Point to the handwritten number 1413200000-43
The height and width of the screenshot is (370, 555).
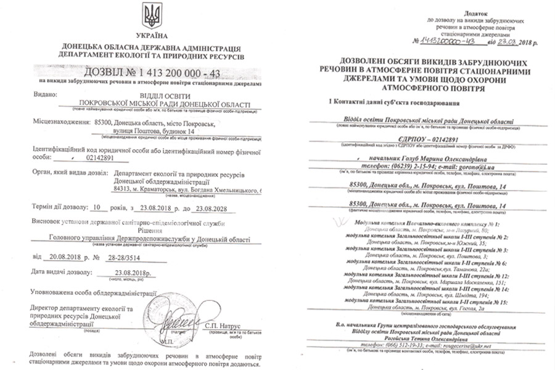[440, 41]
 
